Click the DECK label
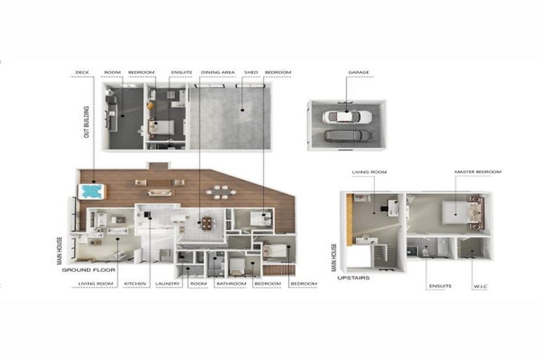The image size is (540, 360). pos(82,72)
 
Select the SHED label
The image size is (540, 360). pos(250,72)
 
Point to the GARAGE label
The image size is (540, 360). pos(358,72)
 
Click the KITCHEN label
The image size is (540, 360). pos(134,283)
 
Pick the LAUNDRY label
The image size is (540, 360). pos(167,283)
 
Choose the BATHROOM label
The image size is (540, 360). pos(231,283)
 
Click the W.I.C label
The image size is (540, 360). pos(482,285)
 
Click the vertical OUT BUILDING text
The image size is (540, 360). pos(86,122)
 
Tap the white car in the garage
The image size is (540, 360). pos(347,117)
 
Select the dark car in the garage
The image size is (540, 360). pos(347,136)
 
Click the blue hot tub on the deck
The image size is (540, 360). pos(91,191)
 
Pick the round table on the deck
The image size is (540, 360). pos(221,191)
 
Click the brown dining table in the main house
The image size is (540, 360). pos(206,224)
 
